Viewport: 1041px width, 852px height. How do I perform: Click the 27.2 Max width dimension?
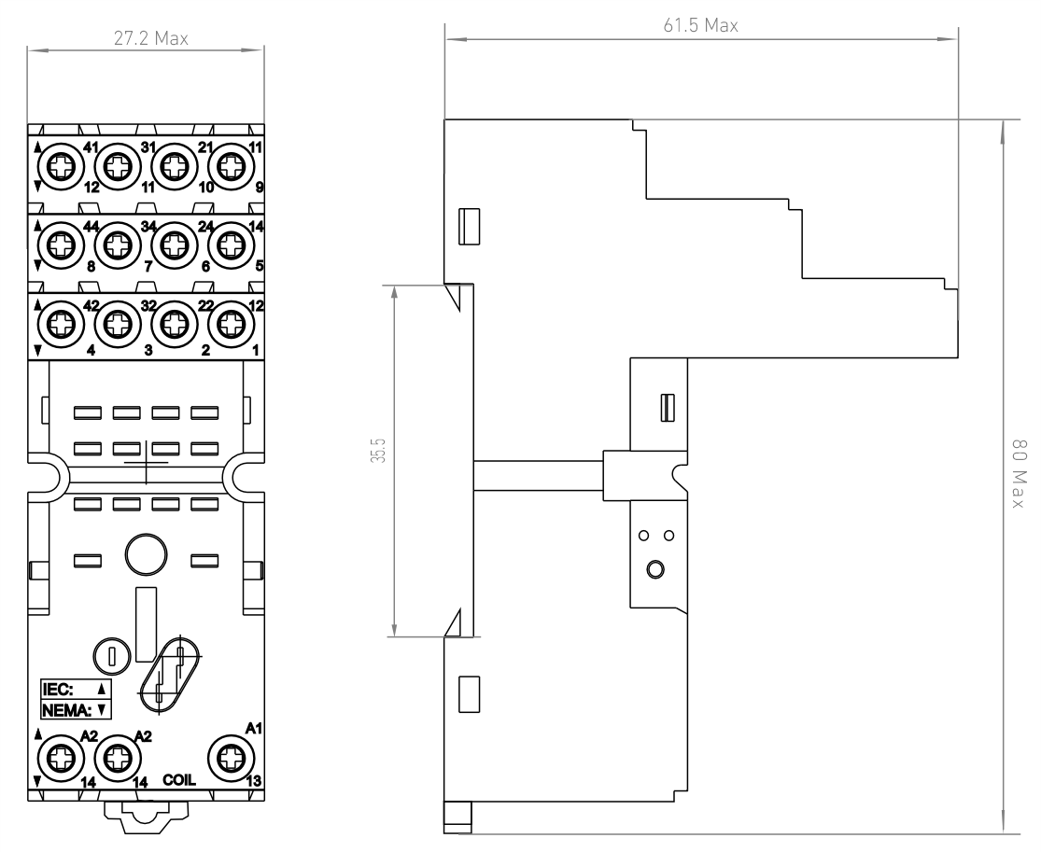point(150,38)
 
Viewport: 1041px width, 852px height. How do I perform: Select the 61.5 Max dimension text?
point(700,25)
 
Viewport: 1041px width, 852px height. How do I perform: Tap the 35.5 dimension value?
point(378,450)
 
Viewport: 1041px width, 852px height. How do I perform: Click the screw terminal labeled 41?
point(61,166)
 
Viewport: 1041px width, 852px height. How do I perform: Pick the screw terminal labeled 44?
point(61,244)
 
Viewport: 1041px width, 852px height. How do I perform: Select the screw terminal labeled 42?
point(61,325)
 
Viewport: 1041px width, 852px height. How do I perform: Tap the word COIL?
point(179,780)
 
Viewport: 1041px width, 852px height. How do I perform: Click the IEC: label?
point(58,689)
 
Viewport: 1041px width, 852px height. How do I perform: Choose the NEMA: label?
point(66,711)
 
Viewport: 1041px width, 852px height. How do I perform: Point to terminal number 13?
point(254,781)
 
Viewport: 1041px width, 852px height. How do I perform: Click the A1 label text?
point(254,729)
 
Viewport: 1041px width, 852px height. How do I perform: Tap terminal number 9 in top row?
point(259,188)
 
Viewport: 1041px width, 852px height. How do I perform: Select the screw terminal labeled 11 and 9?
point(231,166)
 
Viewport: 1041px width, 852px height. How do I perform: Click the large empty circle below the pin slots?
point(146,554)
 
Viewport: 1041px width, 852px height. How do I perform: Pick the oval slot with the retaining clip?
point(169,676)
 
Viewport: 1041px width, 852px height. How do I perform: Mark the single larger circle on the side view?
point(655,569)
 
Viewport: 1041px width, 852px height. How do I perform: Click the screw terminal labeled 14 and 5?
point(231,244)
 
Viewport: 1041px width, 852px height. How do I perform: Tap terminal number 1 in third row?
point(256,350)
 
